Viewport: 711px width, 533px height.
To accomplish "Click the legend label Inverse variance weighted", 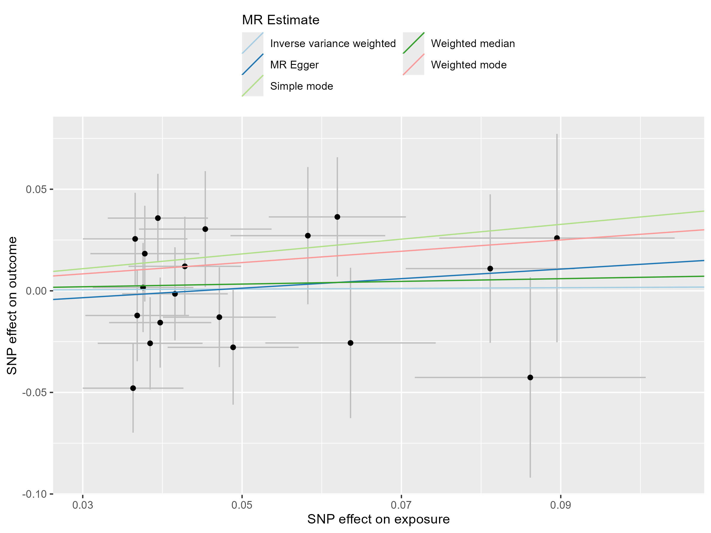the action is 333,43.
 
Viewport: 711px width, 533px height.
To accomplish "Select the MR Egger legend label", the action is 294,65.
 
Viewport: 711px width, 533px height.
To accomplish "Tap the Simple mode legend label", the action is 302,86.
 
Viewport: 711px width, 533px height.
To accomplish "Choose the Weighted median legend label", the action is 473,43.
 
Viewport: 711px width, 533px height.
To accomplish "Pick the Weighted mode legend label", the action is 469,65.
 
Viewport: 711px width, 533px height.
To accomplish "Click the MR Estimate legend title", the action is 281,20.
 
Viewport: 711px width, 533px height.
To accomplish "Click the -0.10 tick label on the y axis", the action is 34,494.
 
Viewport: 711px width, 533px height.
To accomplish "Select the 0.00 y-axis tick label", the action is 36,291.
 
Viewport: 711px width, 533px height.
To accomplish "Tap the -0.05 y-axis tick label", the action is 34,392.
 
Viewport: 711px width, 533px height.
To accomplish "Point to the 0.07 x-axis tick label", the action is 401,505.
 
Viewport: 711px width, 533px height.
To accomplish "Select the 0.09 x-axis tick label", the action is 561,505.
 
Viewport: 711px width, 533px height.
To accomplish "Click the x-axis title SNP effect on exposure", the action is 378,519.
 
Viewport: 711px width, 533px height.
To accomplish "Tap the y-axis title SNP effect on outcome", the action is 12,306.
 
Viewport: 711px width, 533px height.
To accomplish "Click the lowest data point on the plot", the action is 133,388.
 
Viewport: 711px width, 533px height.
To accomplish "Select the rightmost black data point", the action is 557,238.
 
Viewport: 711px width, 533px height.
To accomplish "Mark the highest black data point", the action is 337,217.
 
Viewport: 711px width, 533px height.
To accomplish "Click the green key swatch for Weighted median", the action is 413,43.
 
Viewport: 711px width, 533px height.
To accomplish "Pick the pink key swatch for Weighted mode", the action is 413,64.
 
